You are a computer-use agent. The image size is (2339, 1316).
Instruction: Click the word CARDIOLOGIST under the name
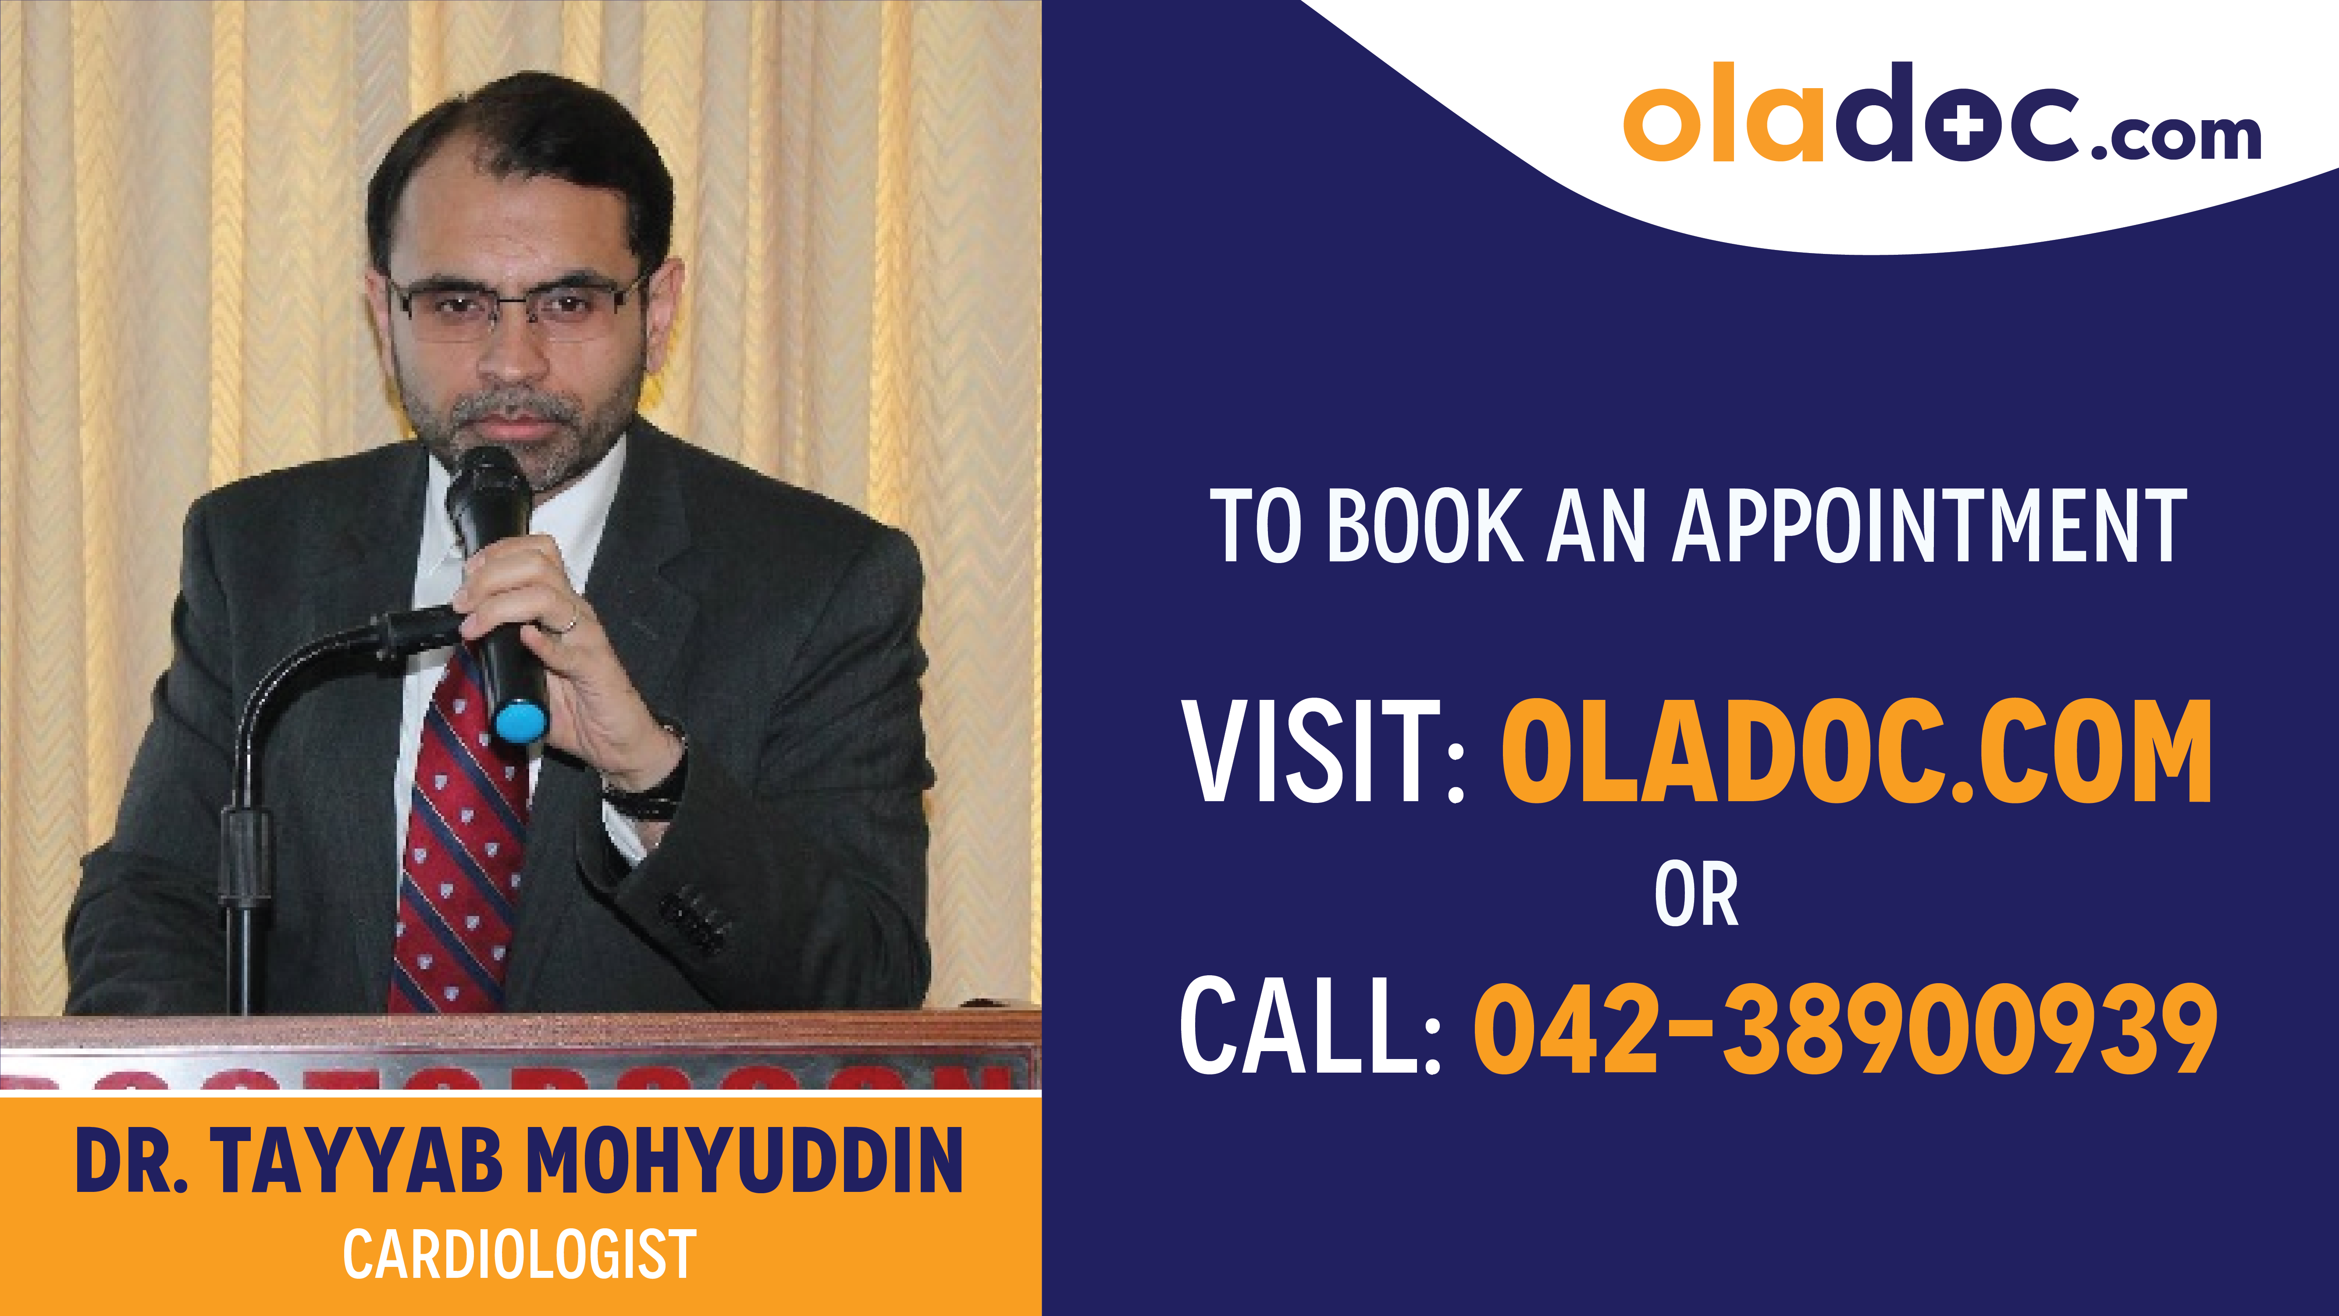(x=520, y=1254)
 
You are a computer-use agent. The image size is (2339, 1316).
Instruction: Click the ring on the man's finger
(x=570, y=623)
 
